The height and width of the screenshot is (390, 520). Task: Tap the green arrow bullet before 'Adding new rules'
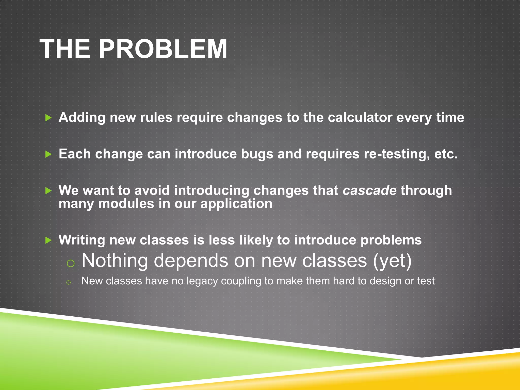pyautogui.click(x=48, y=118)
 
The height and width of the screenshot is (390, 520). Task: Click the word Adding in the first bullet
pyautogui.click(x=82, y=118)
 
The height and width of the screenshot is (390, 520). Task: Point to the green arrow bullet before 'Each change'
pyautogui.click(x=48, y=154)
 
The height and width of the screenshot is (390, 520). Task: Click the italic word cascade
pyautogui.click(x=369, y=190)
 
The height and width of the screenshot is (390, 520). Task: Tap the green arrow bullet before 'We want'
pyautogui.click(x=48, y=191)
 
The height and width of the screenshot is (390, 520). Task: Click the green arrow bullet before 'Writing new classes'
pyautogui.click(x=48, y=240)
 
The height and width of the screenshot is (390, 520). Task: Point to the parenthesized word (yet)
pyautogui.click(x=392, y=261)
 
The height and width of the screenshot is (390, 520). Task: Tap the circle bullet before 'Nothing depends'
pyautogui.click(x=70, y=263)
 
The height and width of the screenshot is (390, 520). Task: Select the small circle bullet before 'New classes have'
pyautogui.click(x=68, y=282)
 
